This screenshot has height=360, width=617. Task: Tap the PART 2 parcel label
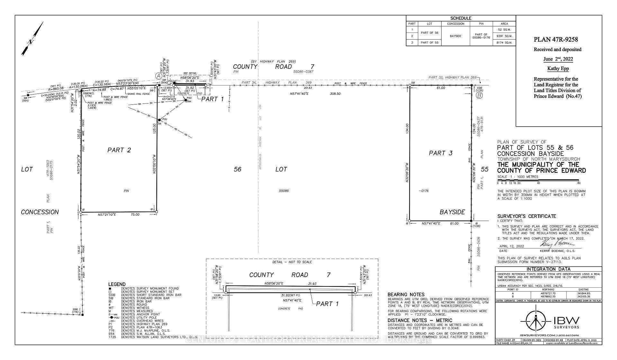click(119, 150)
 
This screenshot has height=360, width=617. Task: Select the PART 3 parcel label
click(441, 153)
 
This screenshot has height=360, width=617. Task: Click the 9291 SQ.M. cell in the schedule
click(504, 36)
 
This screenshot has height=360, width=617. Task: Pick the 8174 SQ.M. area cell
click(504, 42)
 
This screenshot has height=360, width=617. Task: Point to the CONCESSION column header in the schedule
click(455, 24)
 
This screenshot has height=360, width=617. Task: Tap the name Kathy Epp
click(558, 69)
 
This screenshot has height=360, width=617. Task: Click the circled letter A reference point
click(158, 76)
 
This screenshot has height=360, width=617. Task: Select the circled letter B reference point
click(479, 95)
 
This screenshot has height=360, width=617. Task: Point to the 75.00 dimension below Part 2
click(135, 214)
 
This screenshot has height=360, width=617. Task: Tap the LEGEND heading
click(117, 284)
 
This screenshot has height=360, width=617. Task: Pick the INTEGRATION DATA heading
click(548, 269)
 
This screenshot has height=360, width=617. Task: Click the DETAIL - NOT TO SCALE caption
click(292, 262)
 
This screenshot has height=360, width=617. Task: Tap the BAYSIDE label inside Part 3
click(452, 212)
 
